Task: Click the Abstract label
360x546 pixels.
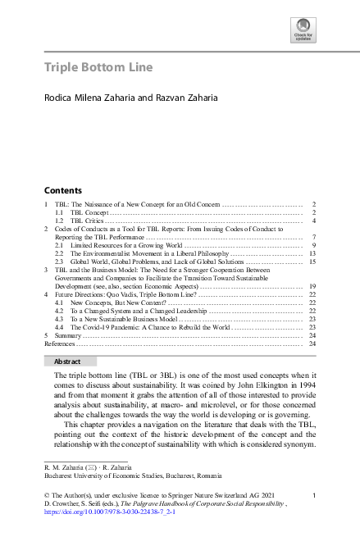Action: (67, 361)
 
